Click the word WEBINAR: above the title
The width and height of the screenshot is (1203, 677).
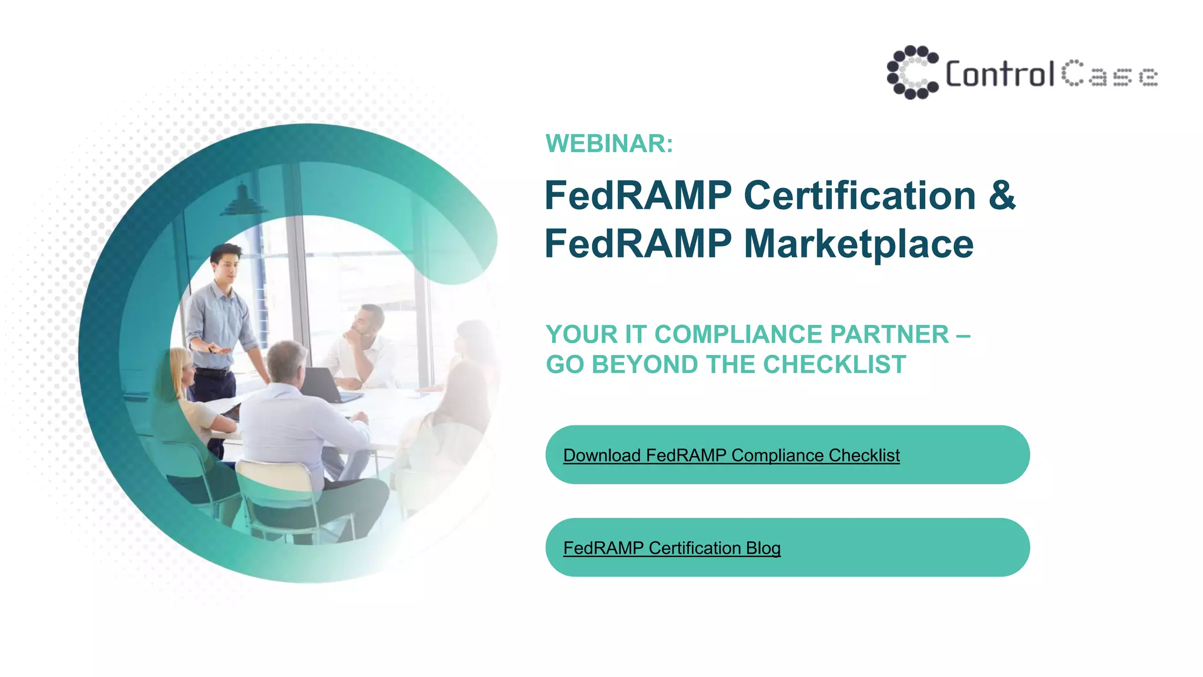[609, 144]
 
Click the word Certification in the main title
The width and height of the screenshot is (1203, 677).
[860, 196]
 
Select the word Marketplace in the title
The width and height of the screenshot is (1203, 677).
[859, 244]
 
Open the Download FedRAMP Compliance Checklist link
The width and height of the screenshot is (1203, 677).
[731, 455]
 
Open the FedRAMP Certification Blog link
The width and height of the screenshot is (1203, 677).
[672, 548]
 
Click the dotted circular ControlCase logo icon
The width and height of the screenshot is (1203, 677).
[912, 72]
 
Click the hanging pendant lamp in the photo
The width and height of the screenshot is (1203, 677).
[243, 200]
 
